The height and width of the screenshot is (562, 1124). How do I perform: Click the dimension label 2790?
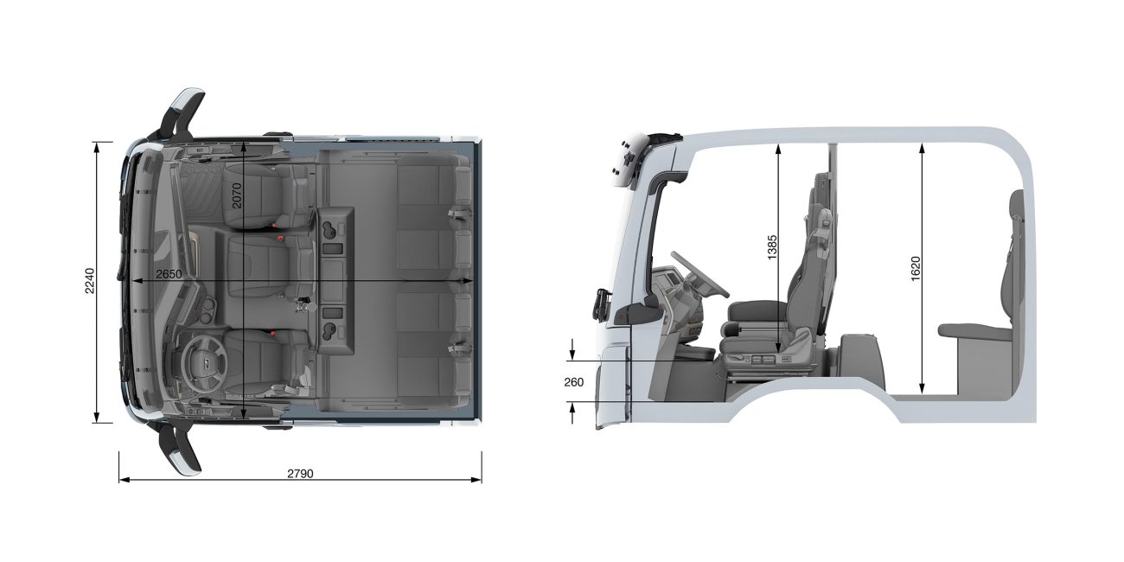(299, 473)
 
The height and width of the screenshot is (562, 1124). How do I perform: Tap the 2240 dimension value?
(90, 281)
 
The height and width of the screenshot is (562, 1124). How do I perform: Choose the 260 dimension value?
(573, 381)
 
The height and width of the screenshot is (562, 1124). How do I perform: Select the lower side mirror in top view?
(183, 449)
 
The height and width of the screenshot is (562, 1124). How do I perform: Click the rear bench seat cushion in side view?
(974, 330)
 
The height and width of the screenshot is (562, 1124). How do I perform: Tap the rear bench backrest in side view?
(1016, 259)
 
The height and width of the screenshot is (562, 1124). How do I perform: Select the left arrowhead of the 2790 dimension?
(122, 479)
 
